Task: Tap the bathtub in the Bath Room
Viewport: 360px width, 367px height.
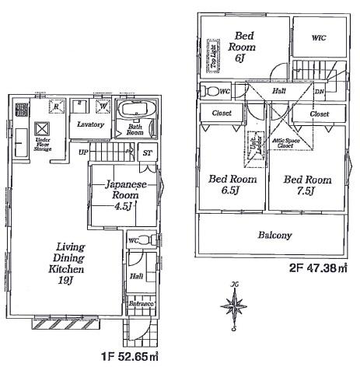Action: pos(137,109)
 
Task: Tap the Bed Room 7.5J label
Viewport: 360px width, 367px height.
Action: pos(306,185)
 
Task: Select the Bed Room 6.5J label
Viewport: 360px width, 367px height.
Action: pos(231,185)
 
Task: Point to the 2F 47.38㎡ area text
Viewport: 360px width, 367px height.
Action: pos(317,268)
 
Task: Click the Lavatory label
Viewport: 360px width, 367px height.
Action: pos(91,124)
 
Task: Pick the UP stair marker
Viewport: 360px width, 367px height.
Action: pos(82,152)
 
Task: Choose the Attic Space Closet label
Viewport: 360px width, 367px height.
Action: pos(282,142)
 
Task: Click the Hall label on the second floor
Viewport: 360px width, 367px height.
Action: pos(278,91)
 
